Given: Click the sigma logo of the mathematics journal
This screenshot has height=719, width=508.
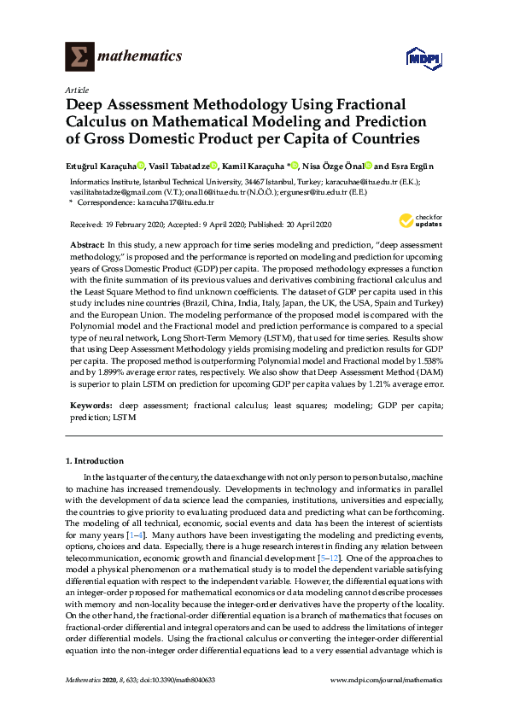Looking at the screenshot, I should pos(80,56).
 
